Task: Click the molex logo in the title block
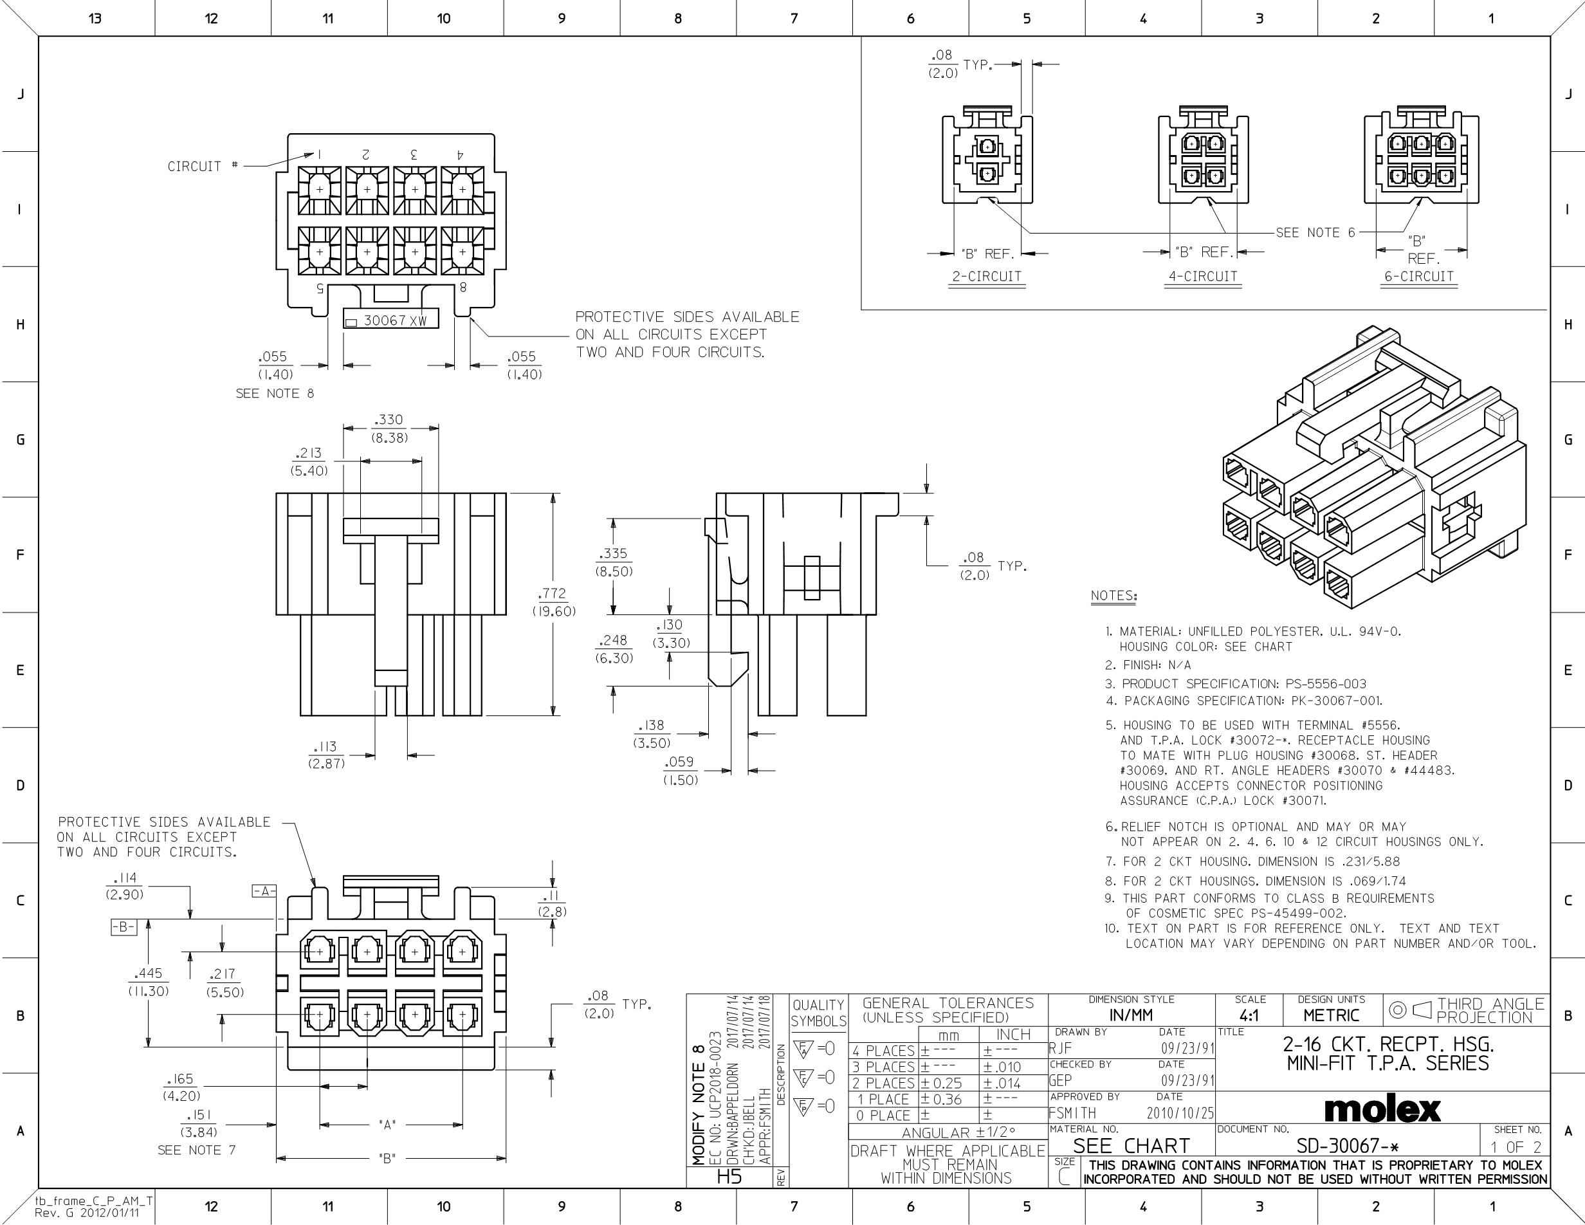pyautogui.click(x=1382, y=1109)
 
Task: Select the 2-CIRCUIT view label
pyautogui.click(x=987, y=277)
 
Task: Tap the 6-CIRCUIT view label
pyautogui.click(x=1419, y=277)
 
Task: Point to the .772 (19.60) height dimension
pyautogui.click(x=554, y=602)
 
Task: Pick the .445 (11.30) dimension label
pyautogui.click(x=148, y=982)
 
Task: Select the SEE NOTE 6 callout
pyautogui.click(x=1315, y=233)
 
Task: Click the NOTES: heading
pyautogui.click(x=1114, y=596)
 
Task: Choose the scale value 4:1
pyautogui.click(x=1250, y=1015)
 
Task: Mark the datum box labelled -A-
pyautogui.click(x=264, y=891)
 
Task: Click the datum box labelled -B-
pyautogui.click(x=124, y=926)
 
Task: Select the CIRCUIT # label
pyautogui.click(x=203, y=166)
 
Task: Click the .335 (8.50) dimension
pyautogui.click(x=614, y=562)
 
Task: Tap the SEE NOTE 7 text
pyautogui.click(x=197, y=1150)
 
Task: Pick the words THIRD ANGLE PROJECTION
pyautogui.click(x=1490, y=1010)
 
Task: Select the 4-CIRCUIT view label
pyautogui.click(x=1202, y=277)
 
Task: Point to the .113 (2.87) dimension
pyautogui.click(x=327, y=755)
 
